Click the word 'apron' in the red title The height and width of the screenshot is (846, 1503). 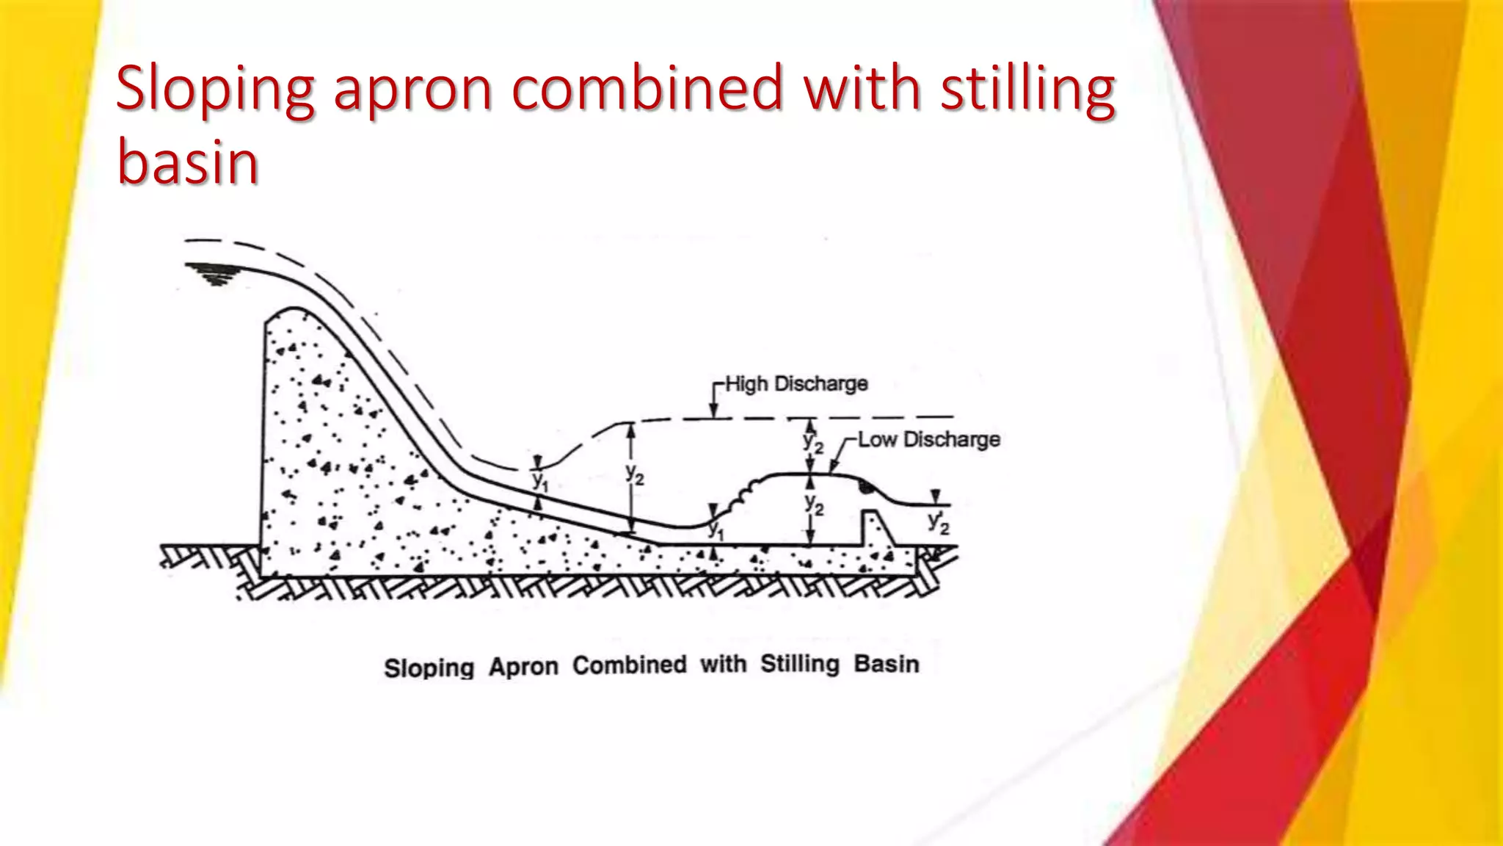click(412, 90)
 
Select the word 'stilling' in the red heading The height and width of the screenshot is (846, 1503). click(1028, 90)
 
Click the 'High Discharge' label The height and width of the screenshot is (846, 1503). click(796, 383)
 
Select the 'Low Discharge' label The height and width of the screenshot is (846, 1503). click(929, 439)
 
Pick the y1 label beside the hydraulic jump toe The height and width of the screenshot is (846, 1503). click(716, 530)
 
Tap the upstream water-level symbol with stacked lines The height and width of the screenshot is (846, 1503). click(213, 273)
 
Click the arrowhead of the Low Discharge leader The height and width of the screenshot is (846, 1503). click(834, 467)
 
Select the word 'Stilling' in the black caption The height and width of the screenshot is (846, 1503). click(799, 664)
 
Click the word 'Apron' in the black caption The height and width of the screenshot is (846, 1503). click(523, 667)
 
